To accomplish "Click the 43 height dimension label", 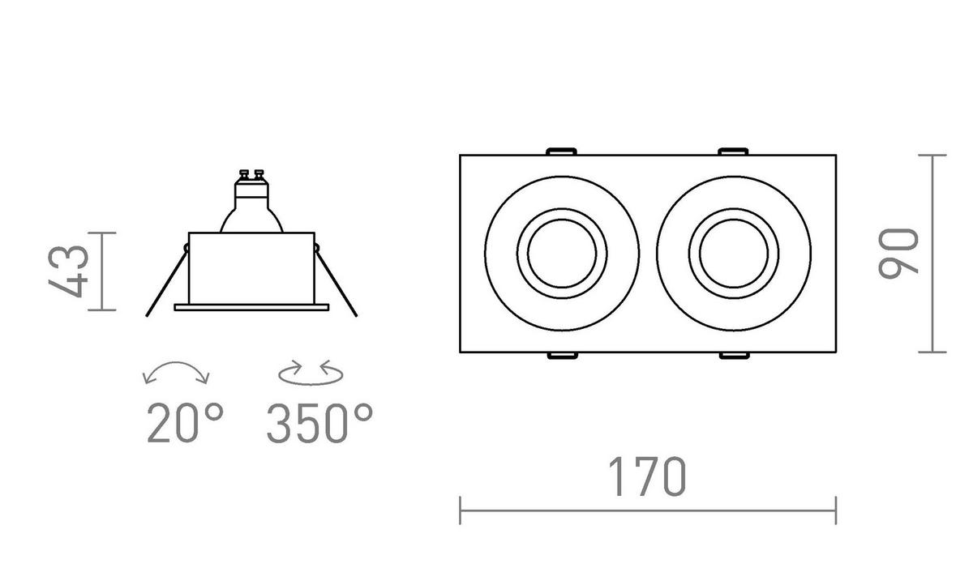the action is coord(68,271).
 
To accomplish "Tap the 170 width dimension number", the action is coord(647,477).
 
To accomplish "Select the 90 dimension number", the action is coord(898,254).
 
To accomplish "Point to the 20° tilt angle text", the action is coord(186,423).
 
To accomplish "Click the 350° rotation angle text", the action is coord(319,423).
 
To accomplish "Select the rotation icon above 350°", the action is coord(311,373).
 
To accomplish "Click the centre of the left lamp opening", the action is coord(562,254).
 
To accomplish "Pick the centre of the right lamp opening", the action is coord(734,254).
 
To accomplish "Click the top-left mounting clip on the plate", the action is coord(561,152).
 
